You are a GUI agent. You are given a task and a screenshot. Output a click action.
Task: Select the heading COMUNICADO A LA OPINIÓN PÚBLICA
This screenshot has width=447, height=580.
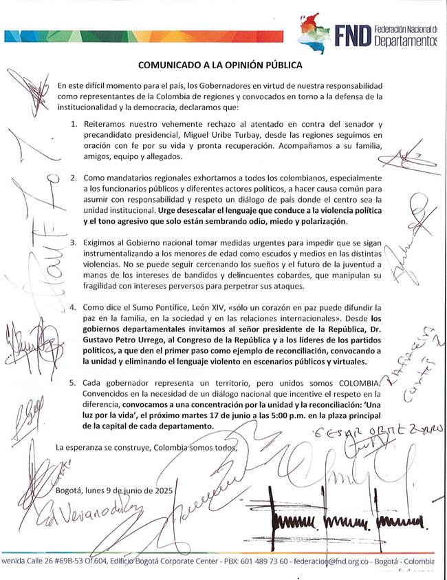tap(221, 67)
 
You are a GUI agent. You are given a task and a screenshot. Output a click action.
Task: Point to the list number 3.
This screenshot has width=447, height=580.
tap(74, 243)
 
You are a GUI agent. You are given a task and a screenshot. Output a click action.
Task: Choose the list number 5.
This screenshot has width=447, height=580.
tap(74, 382)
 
